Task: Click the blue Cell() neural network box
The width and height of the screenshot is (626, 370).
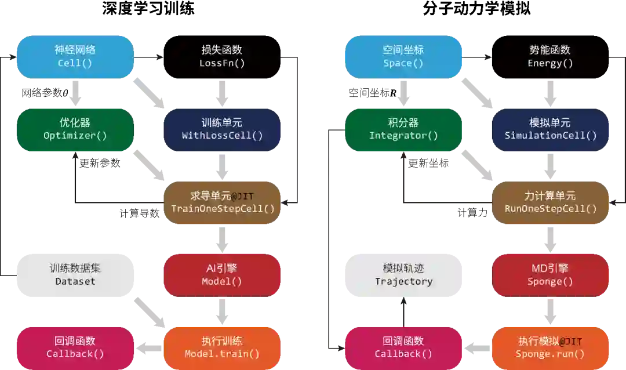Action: tap(75, 56)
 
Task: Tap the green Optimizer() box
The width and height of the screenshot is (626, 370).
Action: tap(75, 129)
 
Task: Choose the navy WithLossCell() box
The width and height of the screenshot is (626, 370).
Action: tap(222, 129)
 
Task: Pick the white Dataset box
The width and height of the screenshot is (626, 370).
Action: tap(75, 275)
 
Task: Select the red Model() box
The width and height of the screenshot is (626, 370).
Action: tap(222, 275)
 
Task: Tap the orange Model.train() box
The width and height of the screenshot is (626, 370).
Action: tap(222, 347)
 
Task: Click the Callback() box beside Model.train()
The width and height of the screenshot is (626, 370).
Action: tap(75, 347)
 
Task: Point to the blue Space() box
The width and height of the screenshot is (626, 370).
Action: tap(403, 56)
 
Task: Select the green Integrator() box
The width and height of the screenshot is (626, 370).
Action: tap(403, 129)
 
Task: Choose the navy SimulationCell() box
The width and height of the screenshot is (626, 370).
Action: tap(550, 129)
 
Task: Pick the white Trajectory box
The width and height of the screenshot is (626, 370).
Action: tap(403, 275)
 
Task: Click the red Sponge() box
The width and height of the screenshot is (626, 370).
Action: tap(550, 275)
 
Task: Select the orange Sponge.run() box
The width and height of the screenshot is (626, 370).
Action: tap(550, 347)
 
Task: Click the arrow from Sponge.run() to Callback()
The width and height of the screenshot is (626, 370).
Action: tap(477, 348)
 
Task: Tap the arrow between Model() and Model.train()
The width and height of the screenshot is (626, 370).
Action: tap(222, 311)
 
